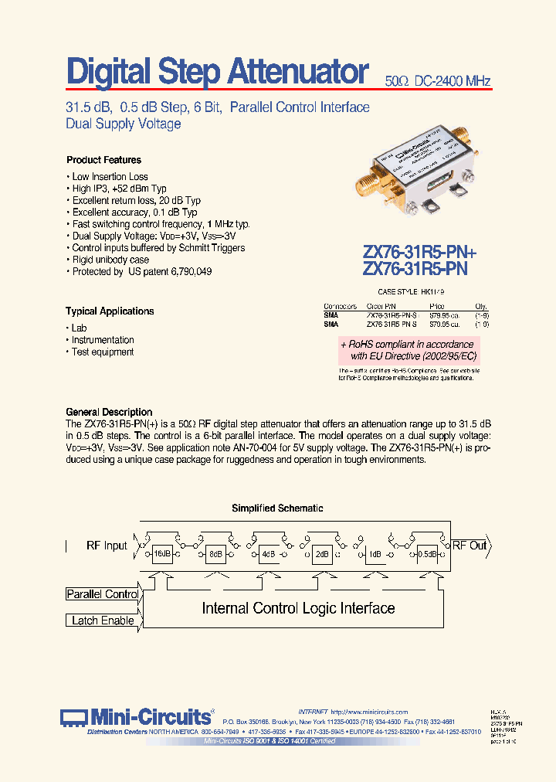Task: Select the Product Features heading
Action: pyautogui.click(x=103, y=160)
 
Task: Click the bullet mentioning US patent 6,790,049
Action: pyautogui.click(x=141, y=272)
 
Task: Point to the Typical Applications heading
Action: pyautogui.click(x=110, y=311)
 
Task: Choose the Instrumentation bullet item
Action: pyautogui.click(x=103, y=340)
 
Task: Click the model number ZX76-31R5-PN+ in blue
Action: pyautogui.click(x=419, y=253)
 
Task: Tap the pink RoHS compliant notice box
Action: pyautogui.click(x=409, y=350)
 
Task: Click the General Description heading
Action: pyautogui.click(x=109, y=412)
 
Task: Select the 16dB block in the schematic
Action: pyautogui.click(x=161, y=554)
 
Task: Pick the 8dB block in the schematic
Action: pyautogui.click(x=215, y=554)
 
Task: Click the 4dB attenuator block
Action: pyautogui.click(x=268, y=554)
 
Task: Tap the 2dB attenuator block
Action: pyautogui.click(x=321, y=554)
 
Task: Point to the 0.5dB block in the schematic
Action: pyautogui.click(x=427, y=554)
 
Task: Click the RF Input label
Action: pyautogui.click(x=107, y=546)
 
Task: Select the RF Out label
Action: pyautogui.click(x=469, y=546)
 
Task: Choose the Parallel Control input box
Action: pyautogui.click(x=102, y=594)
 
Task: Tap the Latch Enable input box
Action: pyautogui.click(x=102, y=620)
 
